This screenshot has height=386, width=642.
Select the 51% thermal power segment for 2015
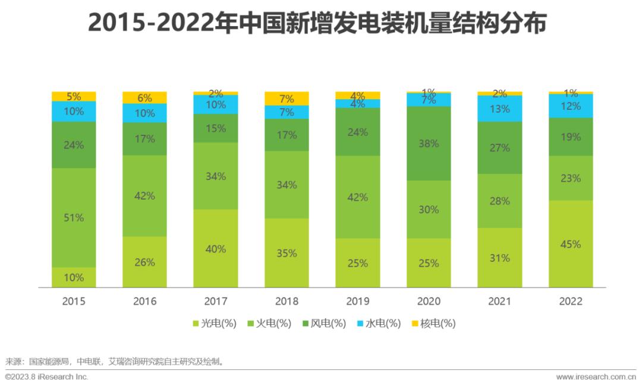pyautogui.click(x=74, y=217)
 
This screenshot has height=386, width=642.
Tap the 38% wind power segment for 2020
pyautogui.click(x=429, y=143)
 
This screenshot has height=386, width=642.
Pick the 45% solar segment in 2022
pyautogui.click(x=571, y=244)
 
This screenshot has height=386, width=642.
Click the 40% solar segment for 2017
pyautogui.click(x=216, y=248)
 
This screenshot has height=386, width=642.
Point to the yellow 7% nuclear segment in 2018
pyautogui.click(x=287, y=99)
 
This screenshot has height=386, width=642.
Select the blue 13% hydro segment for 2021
pyautogui.click(x=500, y=108)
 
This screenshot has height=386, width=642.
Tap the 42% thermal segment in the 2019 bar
pyautogui.click(x=357, y=197)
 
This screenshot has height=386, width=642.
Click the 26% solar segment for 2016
pyautogui.click(x=144, y=262)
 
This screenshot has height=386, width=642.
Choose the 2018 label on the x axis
pyautogui.click(x=287, y=301)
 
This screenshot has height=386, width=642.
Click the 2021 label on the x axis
pyautogui.click(x=500, y=301)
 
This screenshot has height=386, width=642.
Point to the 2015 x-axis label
pyautogui.click(x=74, y=301)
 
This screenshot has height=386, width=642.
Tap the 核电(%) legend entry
pyautogui.click(x=433, y=324)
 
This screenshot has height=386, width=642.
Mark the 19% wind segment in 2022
pyautogui.click(x=571, y=137)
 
